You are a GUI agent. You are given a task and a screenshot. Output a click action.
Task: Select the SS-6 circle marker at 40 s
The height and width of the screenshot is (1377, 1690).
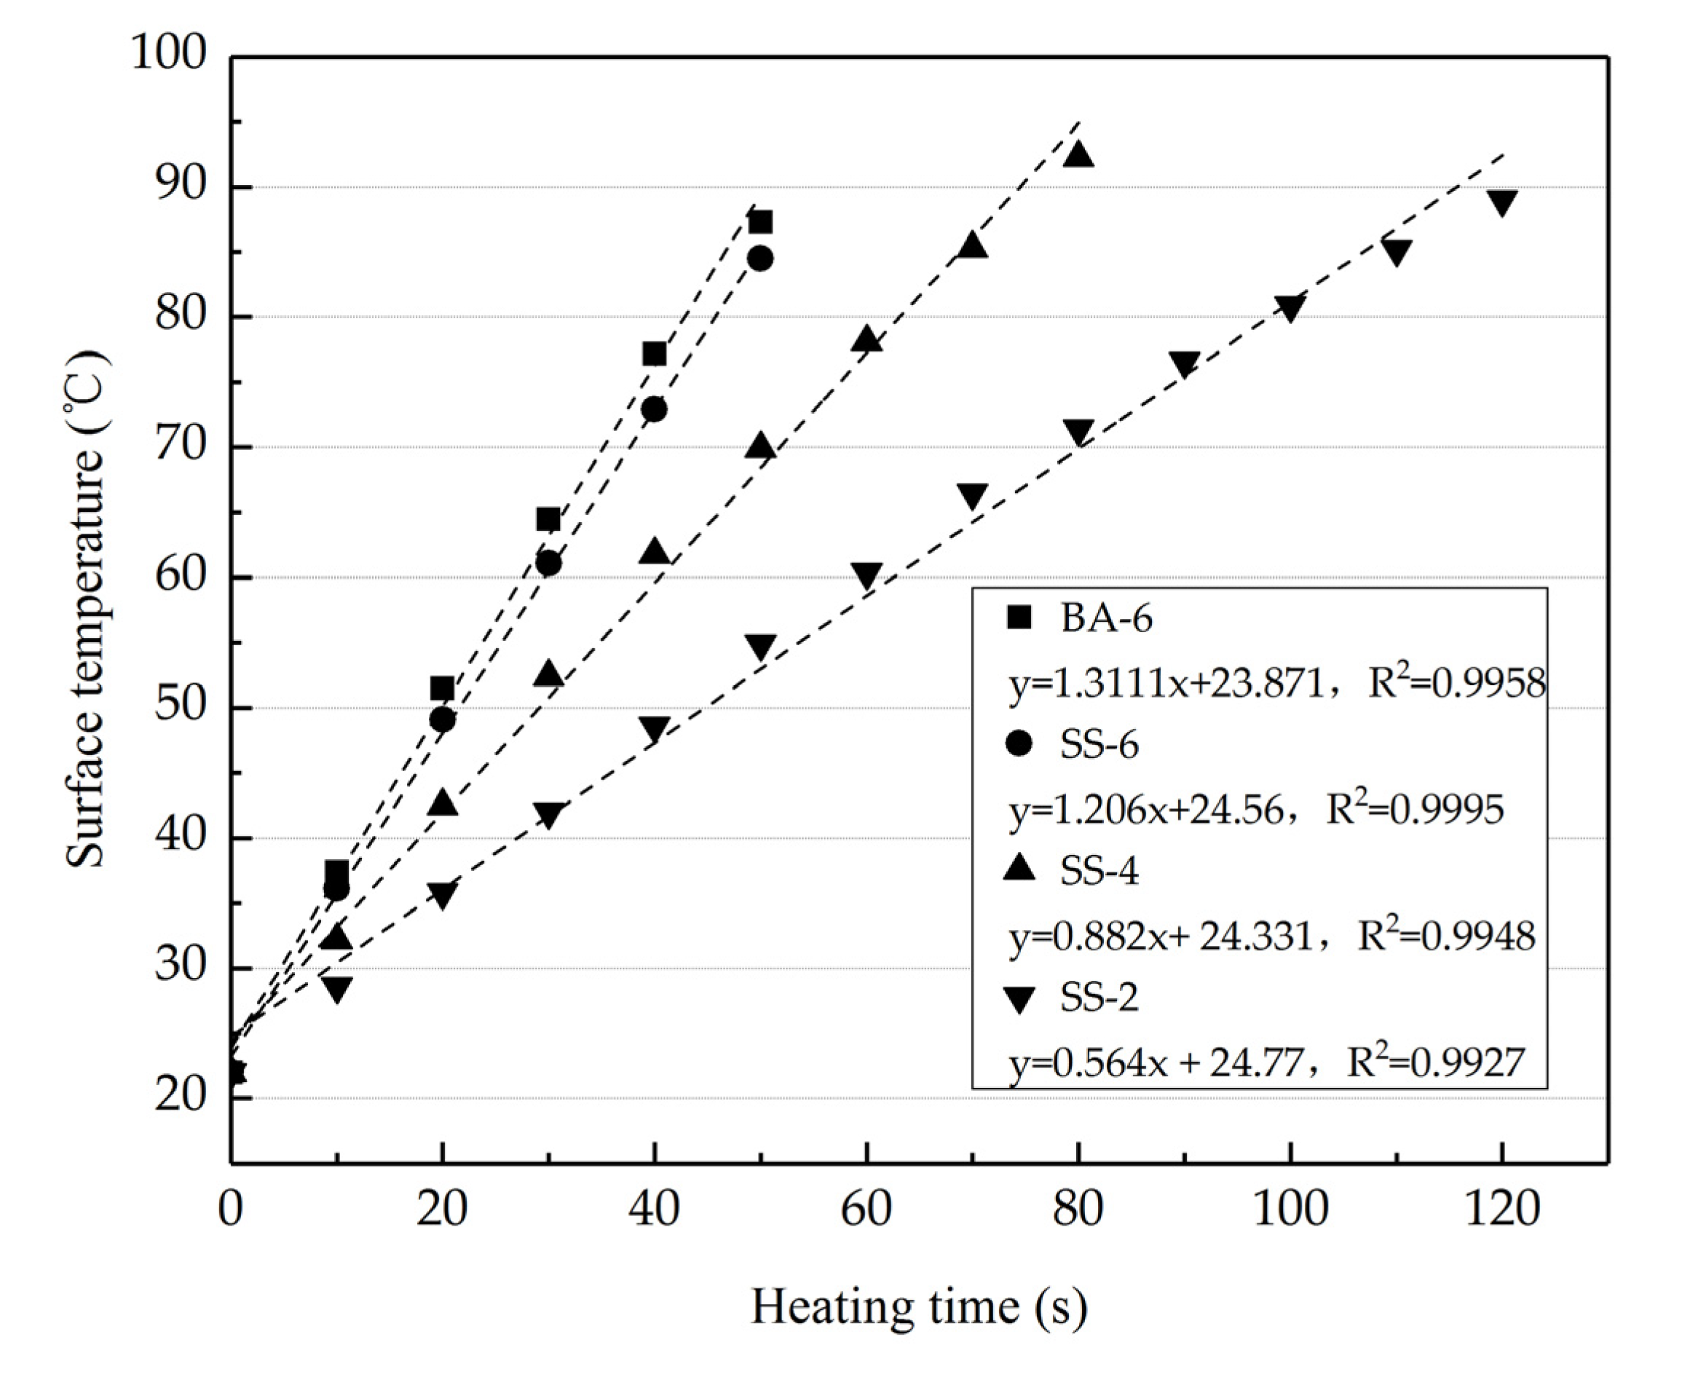coord(655,409)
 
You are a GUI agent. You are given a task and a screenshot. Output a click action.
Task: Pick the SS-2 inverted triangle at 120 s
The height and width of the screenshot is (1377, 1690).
coord(1502,202)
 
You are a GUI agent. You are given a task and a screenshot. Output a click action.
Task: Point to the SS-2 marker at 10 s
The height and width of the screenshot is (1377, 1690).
coord(337,988)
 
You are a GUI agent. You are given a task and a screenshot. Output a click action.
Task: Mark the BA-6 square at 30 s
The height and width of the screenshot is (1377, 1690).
coord(548,519)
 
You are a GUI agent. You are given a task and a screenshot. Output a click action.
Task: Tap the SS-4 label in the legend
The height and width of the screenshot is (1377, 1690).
coord(1099,872)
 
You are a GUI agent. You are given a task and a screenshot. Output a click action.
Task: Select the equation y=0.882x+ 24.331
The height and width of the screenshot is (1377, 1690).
coord(1161,936)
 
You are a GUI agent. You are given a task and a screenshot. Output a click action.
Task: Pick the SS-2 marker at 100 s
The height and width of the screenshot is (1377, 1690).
coord(1290,309)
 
